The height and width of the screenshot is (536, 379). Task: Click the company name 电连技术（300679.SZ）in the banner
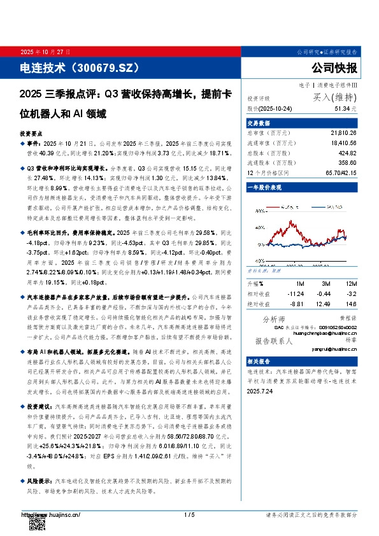(x=79, y=67)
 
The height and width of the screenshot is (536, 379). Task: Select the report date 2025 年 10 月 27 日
(x=45, y=52)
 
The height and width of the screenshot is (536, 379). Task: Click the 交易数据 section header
(x=259, y=123)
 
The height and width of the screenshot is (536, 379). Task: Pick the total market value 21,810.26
(x=343, y=133)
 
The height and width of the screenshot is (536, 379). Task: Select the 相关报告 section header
(x=259, y=360)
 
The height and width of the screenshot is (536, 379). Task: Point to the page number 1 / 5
(x=189, y=515)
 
